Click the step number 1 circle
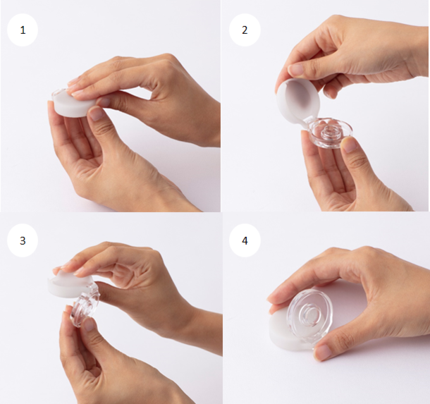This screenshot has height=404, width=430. click(x=23, y=30)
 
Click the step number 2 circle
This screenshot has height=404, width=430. click(x=245, y=30)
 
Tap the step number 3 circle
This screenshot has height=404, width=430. click(x=23, y=240)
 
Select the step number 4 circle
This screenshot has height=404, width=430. click(x=245, y=240)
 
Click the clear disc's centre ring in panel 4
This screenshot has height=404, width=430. click(x=312, y=314)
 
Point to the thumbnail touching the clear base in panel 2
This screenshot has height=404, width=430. click(x=350, y=145)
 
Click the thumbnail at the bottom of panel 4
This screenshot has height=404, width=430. click(x=323, y=352)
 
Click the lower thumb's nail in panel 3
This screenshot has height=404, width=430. click(x=88, y=325)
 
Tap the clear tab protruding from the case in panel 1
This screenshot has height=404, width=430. click(x=59, y=92)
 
